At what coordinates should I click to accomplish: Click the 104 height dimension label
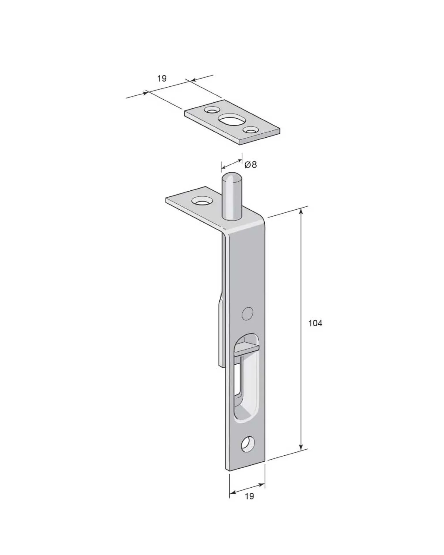pos(315,323)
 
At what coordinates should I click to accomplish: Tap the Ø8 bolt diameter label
pos(250,165)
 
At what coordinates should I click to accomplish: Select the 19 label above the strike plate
pos(162,78)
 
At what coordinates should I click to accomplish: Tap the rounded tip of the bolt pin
pos(232,177)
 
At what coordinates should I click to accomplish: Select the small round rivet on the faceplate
pos(247,313)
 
